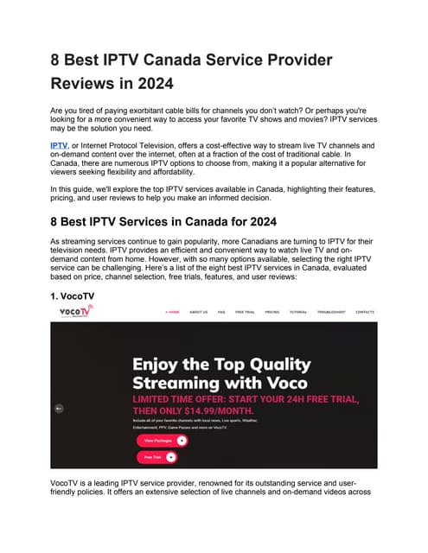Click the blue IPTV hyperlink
click(59, 147)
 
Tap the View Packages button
click(161, 440)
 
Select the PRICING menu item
click(271, 312)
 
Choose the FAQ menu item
click(221, 312)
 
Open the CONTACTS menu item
click(365, 312)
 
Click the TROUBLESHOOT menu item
click(330, 312)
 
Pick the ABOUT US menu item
click(199, 312)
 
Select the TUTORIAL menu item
click(297, 312)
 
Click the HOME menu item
click(173, 312)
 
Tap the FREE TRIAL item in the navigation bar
click(246, 312)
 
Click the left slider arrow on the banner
click(58, 408)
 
